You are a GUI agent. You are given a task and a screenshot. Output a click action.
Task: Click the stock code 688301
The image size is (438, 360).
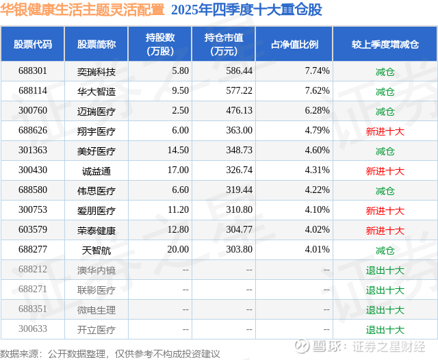click(x=33, y=70)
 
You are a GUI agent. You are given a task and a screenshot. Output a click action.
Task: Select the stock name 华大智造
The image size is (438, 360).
click(x=96, y=90)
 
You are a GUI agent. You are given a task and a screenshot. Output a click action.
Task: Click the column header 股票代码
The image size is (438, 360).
click(x=33, y=44)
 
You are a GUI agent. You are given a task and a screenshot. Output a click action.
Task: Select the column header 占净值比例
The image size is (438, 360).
click(x=300, y=44)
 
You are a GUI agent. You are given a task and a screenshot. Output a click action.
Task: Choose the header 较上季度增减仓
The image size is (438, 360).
click(x=385, y=44)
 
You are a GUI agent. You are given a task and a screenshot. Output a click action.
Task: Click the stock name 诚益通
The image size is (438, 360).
click(x=96, y=170)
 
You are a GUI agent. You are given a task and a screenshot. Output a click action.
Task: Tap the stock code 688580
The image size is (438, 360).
click(x=33, y=190)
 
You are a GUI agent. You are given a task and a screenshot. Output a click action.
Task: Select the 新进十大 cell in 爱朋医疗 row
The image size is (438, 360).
click(x=385, y=210)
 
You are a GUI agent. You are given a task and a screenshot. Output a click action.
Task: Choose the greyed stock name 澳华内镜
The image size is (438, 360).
click(x=96, y=270)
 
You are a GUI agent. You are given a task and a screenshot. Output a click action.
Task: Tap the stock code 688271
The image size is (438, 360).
click(x=33, y=290)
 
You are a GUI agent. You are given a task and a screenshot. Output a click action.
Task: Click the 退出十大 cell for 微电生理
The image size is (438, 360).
click(x=385, y=309)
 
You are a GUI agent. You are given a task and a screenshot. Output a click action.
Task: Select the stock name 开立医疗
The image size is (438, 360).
click(x=96, y=329)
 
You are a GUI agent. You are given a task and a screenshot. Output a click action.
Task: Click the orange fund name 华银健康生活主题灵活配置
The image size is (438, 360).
click(x=82, y=10)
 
